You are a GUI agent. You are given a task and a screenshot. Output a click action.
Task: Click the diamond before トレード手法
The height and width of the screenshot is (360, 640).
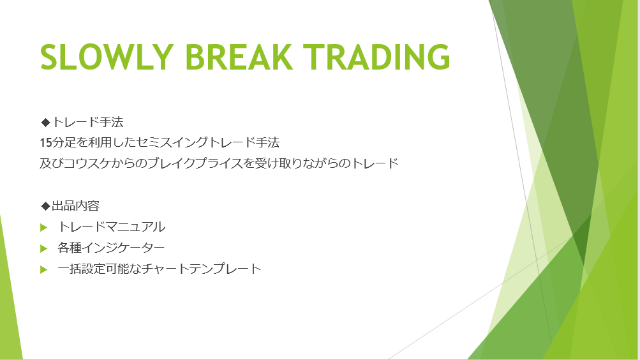pos(45,121)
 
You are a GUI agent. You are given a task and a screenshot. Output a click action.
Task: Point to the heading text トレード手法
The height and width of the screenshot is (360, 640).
pos(87,121)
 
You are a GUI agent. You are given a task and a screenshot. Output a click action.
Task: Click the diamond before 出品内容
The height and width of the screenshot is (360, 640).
pos(45,206)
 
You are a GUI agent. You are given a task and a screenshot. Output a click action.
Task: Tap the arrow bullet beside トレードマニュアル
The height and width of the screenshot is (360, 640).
pos(44,227)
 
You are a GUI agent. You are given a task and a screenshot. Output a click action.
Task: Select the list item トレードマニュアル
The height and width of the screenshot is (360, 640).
pos(112,227)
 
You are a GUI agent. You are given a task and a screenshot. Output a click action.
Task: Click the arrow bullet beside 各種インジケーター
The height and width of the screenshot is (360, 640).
pos(44,248)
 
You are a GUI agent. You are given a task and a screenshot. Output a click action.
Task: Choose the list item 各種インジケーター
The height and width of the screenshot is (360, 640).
pos(112,248)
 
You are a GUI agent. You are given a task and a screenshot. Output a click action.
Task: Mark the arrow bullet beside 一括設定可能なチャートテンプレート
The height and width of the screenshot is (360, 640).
pos(44,269)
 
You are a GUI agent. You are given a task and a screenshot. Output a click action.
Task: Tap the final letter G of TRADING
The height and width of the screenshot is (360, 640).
pos(438,57)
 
